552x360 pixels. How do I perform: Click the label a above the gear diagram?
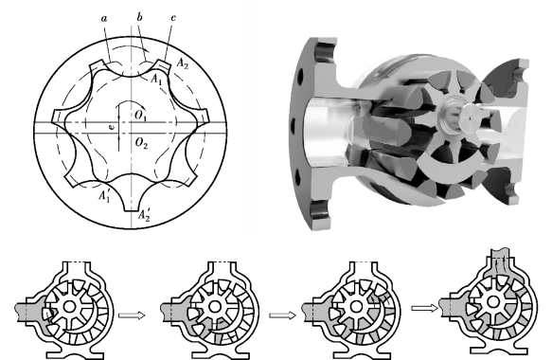click(x=104, y=18)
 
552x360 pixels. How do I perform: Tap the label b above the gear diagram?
click(x=139, y=17)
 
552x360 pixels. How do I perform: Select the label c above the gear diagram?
click(x=173, y=18)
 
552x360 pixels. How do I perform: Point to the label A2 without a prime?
click(x=183, y=63)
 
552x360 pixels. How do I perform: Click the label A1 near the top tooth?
click(x=156, y=79)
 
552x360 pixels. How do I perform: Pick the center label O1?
click(x=140, y=116)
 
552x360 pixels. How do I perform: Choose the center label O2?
click(x=141, y=143)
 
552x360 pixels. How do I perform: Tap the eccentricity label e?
click(x=112, y=128)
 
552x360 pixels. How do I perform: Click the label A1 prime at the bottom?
click(x=104, y=195)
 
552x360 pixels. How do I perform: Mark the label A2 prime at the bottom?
click(x=144, y=215)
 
